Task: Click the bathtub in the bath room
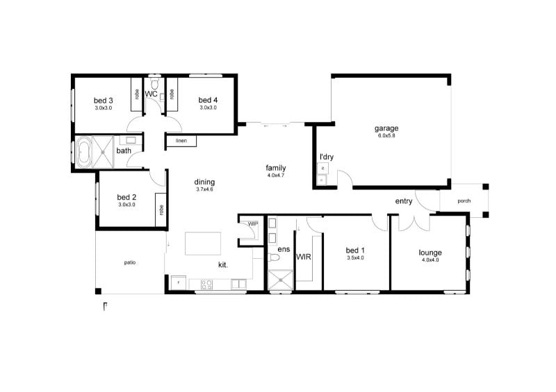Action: point(85,153)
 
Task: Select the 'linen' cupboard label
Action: point(181,141)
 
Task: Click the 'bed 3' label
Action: point(104,101)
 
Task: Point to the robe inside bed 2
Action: point(161,210)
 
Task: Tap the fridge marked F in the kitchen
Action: point(179,284)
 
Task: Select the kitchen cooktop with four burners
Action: point(206,284)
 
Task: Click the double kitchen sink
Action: point(238,284)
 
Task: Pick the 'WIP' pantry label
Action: point(252,223)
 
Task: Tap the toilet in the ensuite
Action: point(274,258)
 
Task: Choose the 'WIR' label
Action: point(304,257)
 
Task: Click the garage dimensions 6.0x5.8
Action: point(386,136)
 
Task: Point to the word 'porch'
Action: point(464,202)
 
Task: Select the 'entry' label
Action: point(403,202)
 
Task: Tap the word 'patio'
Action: point(129,263)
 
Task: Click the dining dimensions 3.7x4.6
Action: point(204,189)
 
